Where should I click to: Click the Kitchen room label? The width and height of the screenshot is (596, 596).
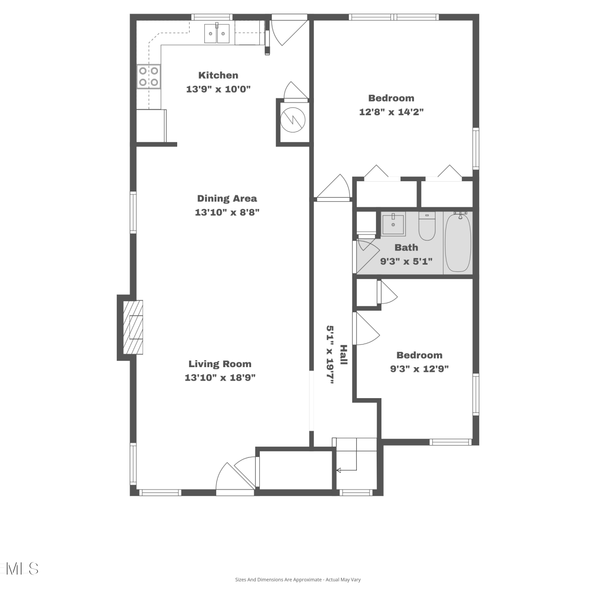(218, 75)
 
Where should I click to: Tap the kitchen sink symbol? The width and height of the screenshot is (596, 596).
(217, 33)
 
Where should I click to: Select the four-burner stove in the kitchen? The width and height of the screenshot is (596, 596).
(149, 76)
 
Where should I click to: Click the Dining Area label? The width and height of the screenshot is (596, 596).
(227, 198)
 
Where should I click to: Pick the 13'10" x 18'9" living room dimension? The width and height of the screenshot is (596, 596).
(220, 377)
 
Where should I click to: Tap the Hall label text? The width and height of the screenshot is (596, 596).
(344, 355)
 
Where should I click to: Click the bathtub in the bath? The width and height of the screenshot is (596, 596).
(458, 242)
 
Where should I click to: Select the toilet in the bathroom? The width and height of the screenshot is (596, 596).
(427, 226)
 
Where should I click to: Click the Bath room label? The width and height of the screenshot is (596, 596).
(406, 248)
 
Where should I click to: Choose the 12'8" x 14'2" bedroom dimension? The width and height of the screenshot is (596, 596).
(391, 112)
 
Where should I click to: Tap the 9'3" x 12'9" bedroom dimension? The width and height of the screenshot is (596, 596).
(419, 369)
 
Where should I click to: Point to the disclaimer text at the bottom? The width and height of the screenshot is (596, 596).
(298, 580)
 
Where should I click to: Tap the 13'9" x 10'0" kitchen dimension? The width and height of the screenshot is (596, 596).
(218, 89)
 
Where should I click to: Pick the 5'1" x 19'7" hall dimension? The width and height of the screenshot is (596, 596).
(330, 355)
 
